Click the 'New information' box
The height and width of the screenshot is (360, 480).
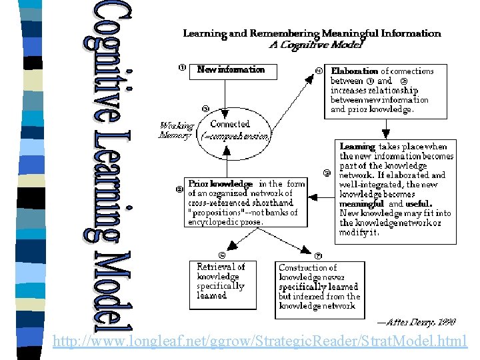click(x=232, y=70)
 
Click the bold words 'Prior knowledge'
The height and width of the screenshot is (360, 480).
click(x=221, y=183)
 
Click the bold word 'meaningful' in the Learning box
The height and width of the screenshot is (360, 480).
click(x=362, y=204)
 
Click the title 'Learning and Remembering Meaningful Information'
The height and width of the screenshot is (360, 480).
click(x=311, y=33)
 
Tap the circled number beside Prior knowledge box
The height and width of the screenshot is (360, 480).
click(x=179, y=189)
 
